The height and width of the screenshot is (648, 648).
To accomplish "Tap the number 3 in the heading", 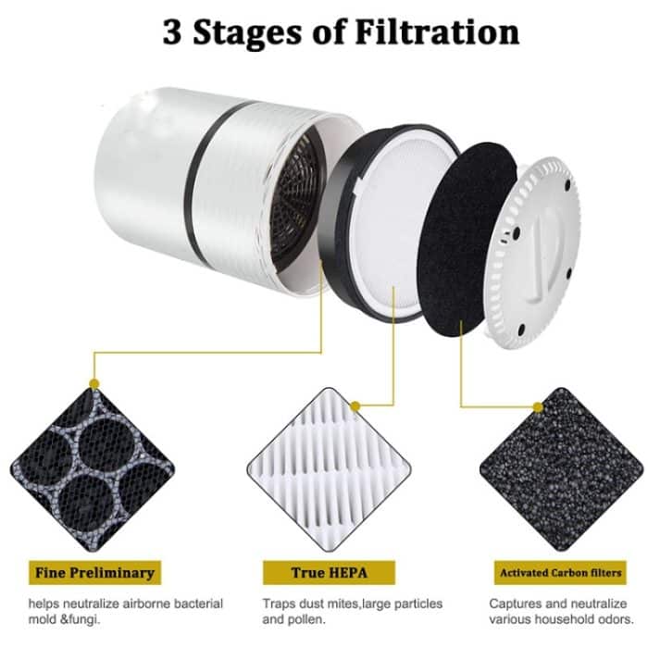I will click(x=173, y=31).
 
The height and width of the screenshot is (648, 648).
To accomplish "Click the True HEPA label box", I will click(x=321, y=571).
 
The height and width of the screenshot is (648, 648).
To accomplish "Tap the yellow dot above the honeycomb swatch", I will click(x=93, y=382).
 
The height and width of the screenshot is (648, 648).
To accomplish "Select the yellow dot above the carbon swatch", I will click(x=539, y=405).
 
